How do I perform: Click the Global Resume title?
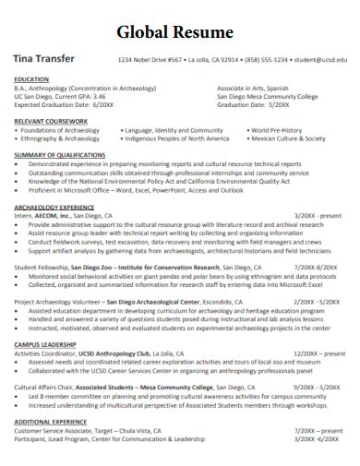click(180, 32)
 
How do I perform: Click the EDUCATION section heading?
click(32, 79)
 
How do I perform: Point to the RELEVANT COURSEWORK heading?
click(52, 121)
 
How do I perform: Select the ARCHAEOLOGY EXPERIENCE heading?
click(54, 208)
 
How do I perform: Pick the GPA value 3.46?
click(99, 96)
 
